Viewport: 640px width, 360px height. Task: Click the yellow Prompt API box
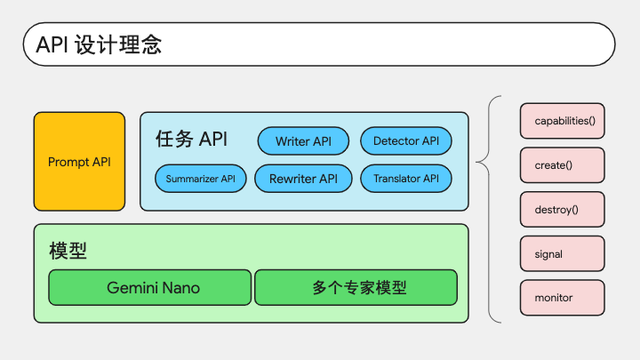80,162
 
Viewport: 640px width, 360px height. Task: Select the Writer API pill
303,140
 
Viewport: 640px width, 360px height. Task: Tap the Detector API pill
406,140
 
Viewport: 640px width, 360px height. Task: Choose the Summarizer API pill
200,179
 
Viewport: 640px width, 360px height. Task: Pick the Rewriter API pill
303,179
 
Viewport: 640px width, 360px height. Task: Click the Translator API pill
406,179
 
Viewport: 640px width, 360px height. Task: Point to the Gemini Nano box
150,287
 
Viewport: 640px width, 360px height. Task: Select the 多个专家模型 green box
356,287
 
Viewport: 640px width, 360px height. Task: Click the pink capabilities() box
563,121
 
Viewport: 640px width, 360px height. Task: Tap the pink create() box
563,165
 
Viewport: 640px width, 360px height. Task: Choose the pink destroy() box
563,210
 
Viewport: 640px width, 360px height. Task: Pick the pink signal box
563,253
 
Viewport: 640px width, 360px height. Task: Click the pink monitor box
563,298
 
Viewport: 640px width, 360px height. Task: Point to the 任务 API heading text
191,139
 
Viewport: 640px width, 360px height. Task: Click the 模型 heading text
68,251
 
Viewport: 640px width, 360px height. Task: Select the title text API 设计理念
99,44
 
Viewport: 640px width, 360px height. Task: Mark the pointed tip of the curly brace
476,162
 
